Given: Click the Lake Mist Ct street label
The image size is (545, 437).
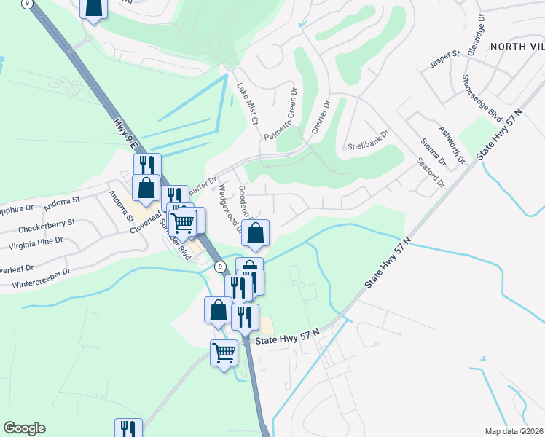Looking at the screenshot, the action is pyautogui.click(x=246, y=102).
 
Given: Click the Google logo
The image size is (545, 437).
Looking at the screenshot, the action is pyautogui.click(x=24, y=428).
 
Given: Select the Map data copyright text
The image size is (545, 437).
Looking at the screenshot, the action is pyautogui.click(x=514, y=430).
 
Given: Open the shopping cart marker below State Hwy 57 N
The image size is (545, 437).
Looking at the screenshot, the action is pyautogui.click(x=224, y=353).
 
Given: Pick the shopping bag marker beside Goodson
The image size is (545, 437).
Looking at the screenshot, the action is pyautogui.click(x=256, y=233).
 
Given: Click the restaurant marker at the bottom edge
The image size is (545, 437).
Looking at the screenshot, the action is pyautogui.click(x=128, y=428).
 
